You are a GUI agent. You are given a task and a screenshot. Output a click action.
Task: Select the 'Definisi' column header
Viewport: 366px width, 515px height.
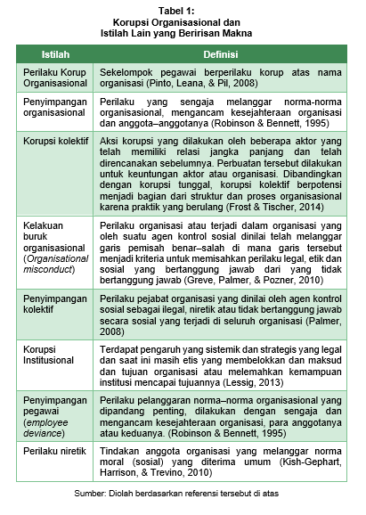[x=221, y=55]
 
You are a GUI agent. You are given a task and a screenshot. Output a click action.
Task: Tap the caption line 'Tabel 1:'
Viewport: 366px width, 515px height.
[x=183, y=8]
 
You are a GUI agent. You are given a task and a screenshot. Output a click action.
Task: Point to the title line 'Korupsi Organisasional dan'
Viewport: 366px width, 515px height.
[x=183, y=20]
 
